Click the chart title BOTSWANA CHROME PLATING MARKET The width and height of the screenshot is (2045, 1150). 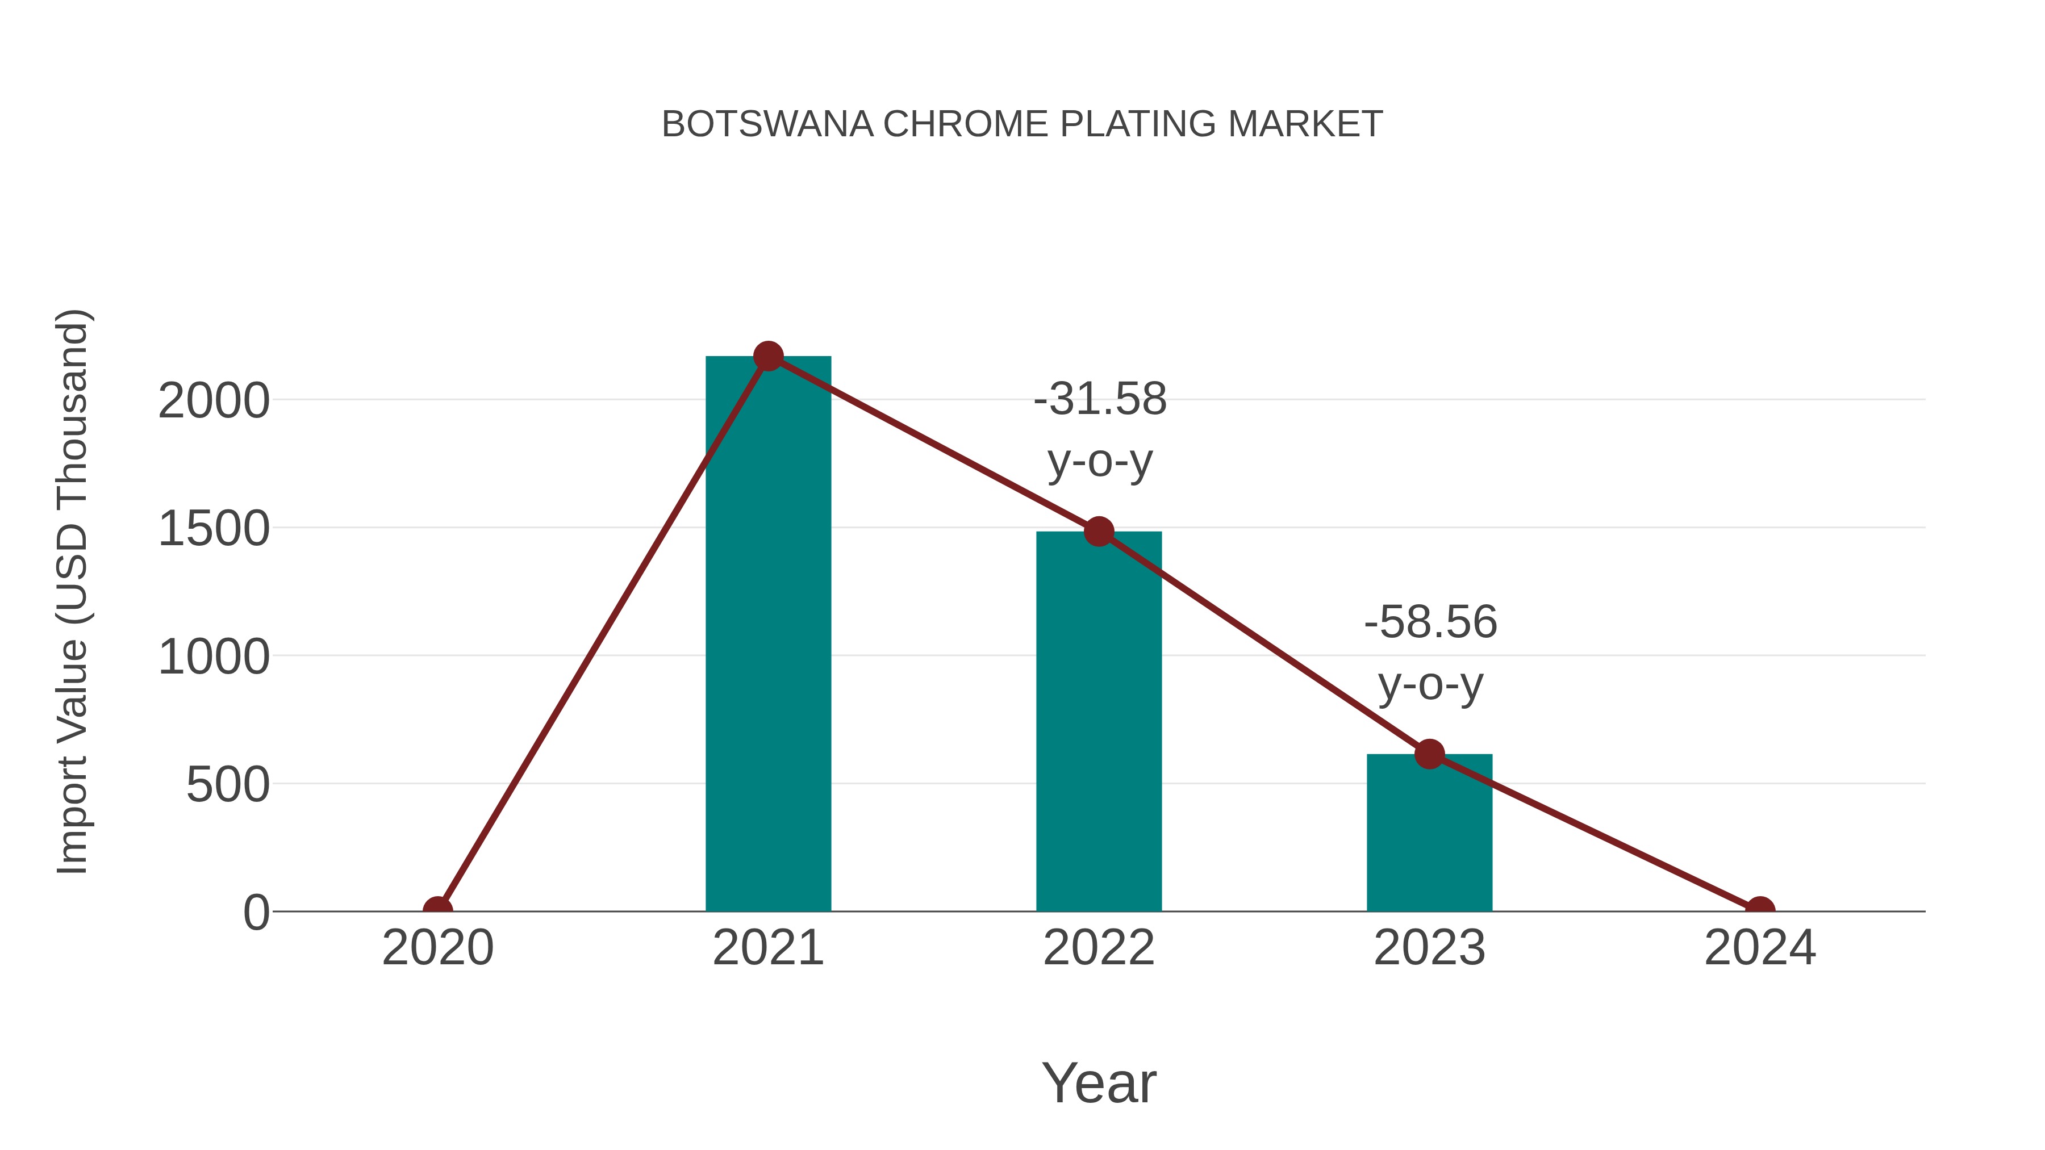coord(1022,124)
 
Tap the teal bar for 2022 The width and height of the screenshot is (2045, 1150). coord(1099,722)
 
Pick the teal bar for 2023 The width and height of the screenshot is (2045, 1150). coord(1429,833)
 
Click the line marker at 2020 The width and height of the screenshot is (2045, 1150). coord(437,910)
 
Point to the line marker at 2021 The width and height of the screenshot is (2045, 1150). coord(767,356)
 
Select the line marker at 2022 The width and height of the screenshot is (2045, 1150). coord(1099,531)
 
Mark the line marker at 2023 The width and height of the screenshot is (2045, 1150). coord(1429,754)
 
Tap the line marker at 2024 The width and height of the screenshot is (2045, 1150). coord(1760,910)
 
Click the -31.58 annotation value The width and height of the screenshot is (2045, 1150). coord(1100,399)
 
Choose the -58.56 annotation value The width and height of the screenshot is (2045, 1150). coord(1430,622)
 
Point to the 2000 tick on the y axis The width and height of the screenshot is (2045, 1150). coord(214,401)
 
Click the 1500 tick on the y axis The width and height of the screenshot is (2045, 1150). coord(214,529)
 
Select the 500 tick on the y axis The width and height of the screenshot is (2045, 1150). coord(227,786)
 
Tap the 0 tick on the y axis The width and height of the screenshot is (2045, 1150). coord(256,913)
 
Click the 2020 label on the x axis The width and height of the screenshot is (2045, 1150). coord(437,948)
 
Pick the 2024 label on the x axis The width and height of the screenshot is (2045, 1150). coord(1760,948)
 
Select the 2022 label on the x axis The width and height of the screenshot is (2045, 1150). coord(1099,948)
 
